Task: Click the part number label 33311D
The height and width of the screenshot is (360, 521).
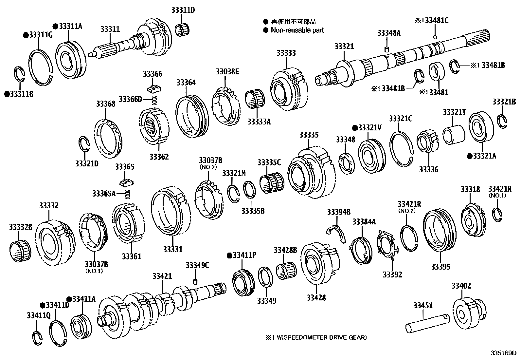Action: pos(183,10)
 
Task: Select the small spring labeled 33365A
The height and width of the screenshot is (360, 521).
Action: pos(128,194)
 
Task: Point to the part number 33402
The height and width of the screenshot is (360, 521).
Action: pos(461,286)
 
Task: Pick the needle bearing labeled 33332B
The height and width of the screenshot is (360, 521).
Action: pos(20,250)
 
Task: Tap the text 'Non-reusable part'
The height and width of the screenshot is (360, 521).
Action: pos(297,30)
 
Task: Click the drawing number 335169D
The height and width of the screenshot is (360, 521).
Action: pos(503,353)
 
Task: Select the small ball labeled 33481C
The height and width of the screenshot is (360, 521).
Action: pos(435,37)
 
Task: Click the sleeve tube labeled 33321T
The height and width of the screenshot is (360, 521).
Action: pos(454,135)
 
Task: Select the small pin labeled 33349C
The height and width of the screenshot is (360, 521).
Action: pos(195,282)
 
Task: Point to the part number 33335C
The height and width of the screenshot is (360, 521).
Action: pos(269,162)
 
